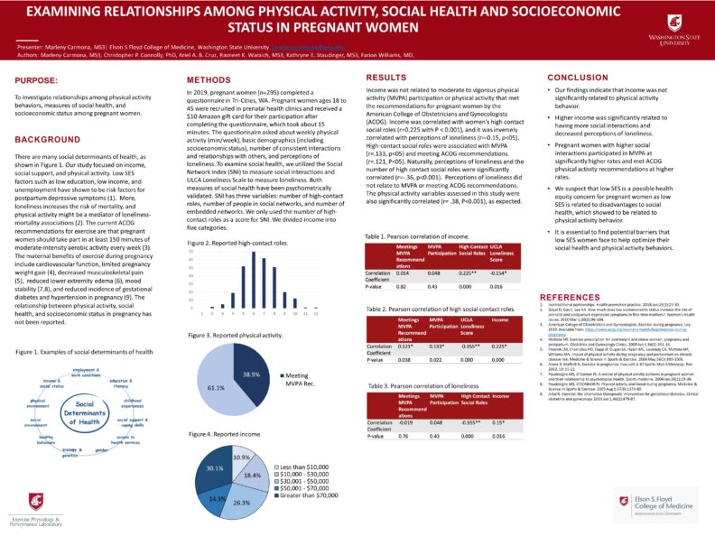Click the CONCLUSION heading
579,78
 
